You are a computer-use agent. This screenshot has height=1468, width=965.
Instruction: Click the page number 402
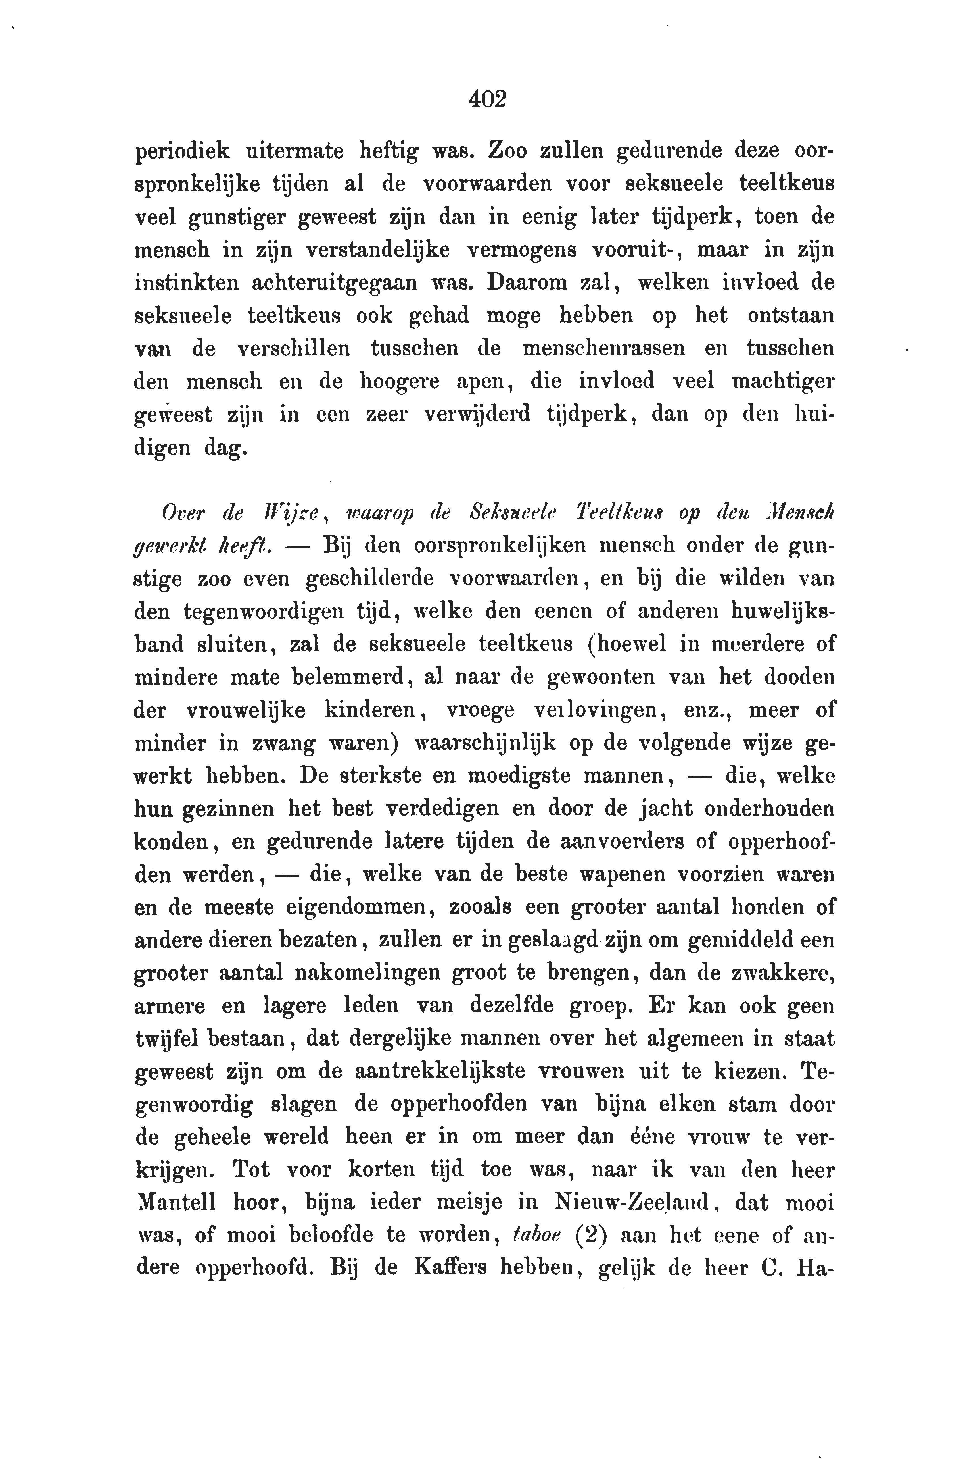pos(487,99)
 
